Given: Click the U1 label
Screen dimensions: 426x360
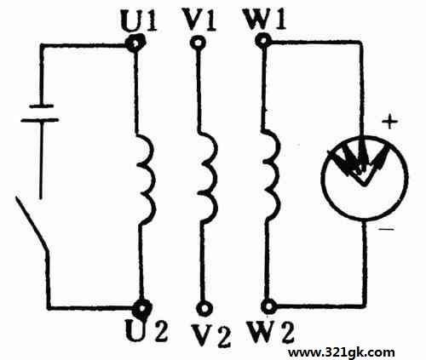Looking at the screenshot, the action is (139, 21).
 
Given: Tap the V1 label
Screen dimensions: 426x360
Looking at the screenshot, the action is (199, 20).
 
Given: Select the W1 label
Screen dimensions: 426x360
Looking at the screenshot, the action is (265, 20).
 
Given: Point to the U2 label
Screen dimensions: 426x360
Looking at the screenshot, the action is (147, 330).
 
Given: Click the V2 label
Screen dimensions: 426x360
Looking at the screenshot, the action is (210, 335).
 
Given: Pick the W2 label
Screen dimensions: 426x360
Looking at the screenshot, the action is (271, 331).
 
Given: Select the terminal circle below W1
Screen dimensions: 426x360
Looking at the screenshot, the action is (262, 41).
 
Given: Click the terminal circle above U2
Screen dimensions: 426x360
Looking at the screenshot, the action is (142, 307).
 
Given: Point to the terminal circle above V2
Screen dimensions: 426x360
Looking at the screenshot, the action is (204, 309).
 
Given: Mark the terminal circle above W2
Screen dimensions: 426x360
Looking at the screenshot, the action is (268, 306).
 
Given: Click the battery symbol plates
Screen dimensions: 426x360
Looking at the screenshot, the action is (40, 113).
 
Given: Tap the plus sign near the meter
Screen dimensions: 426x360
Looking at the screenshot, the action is (390, 123).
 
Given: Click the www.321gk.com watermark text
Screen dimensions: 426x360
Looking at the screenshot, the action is (342, 352).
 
